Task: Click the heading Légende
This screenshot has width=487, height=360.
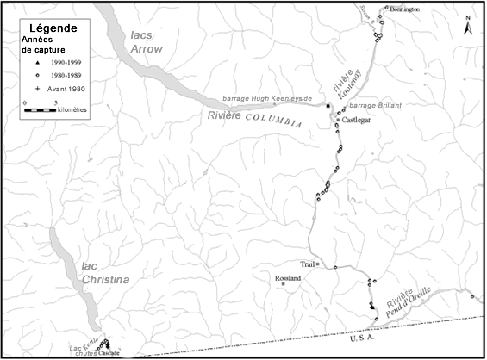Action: tap(53, 28)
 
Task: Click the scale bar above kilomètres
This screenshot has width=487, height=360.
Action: tap(41, 110)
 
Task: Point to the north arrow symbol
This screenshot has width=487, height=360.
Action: tap(467, 23)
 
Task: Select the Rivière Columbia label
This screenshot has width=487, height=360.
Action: tap(255, 119)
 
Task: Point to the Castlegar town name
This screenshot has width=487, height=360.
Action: tap(356, 121)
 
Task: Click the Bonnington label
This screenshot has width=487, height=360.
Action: tap(404, 9)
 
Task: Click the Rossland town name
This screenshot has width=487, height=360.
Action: tap(287, 280)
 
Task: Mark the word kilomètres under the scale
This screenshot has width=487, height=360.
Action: tap(65, 110)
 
